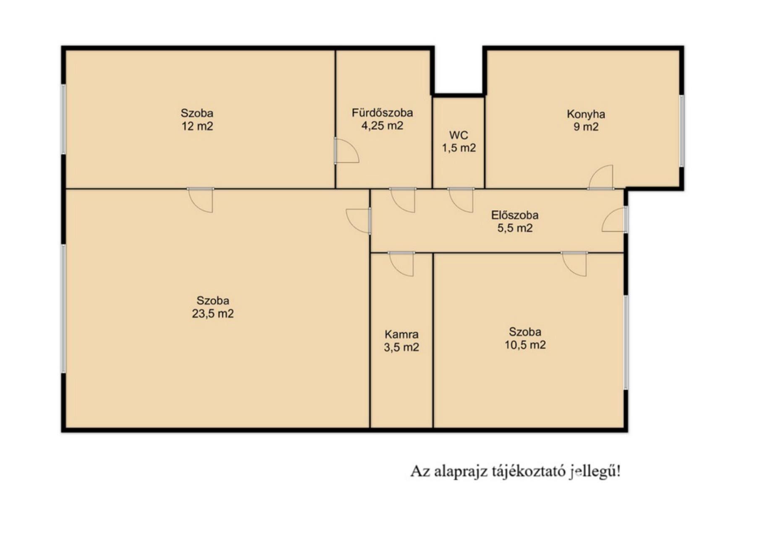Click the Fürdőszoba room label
pos(382,112)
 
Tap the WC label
pos(459,135)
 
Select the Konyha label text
pos(586,114)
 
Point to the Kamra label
pos(402,334)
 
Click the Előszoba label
pos(515,215)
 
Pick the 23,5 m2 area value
pos(213,313)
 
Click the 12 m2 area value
pos(197,126)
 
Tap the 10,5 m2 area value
pos(525,345)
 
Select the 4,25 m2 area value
pos(382,125)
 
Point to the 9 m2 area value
pos(586,127)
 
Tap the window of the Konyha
pos(682,131)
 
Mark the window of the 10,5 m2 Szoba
pos(626,342)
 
